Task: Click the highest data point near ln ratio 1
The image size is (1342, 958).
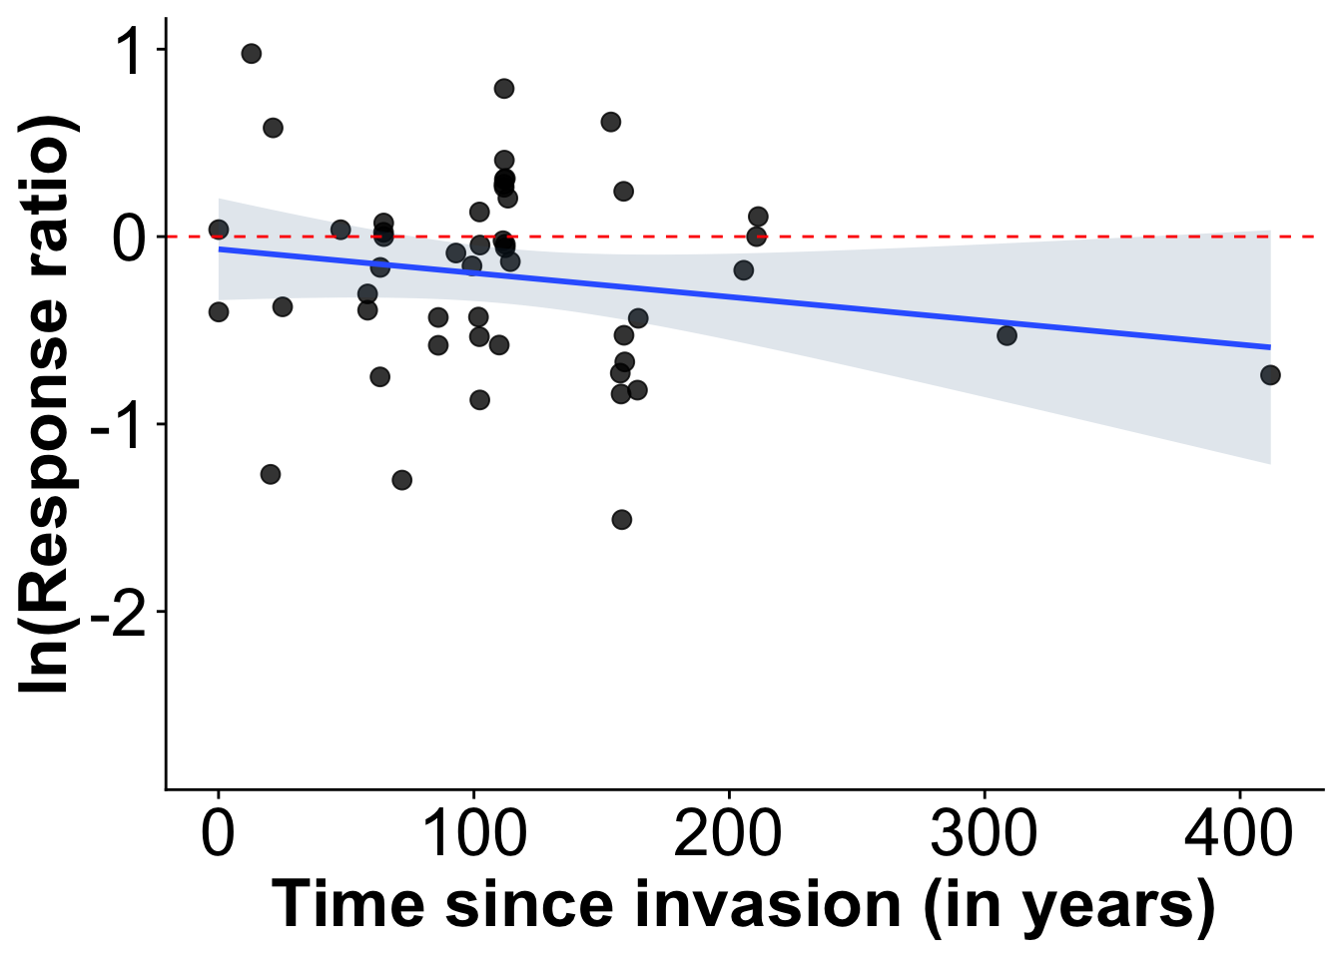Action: (x=252, y=54)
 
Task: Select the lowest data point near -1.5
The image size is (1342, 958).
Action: (x=621, y=520)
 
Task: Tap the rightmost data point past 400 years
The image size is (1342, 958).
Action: (x=1270, y=375)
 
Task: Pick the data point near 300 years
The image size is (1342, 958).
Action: (x=1006, y=335)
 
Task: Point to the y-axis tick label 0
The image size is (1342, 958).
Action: (x=130, y=238)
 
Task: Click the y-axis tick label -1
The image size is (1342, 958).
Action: (x=118, y=425)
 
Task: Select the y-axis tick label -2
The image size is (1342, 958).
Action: (x=118, y=613)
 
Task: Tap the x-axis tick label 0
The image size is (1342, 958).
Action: (x=218, y=834)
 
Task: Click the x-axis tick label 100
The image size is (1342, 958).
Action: (x=474, y=834)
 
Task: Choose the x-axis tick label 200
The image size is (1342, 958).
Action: (x=729, y=834)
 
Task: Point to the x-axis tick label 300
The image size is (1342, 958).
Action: (x=985, y=834)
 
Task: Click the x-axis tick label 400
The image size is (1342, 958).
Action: (x=1239, y=834)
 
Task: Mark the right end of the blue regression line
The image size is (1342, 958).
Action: (x=1270, y=347)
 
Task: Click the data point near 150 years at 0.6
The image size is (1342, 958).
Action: (x=611, y=122)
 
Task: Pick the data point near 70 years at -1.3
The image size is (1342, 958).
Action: (x=401, y=480)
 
